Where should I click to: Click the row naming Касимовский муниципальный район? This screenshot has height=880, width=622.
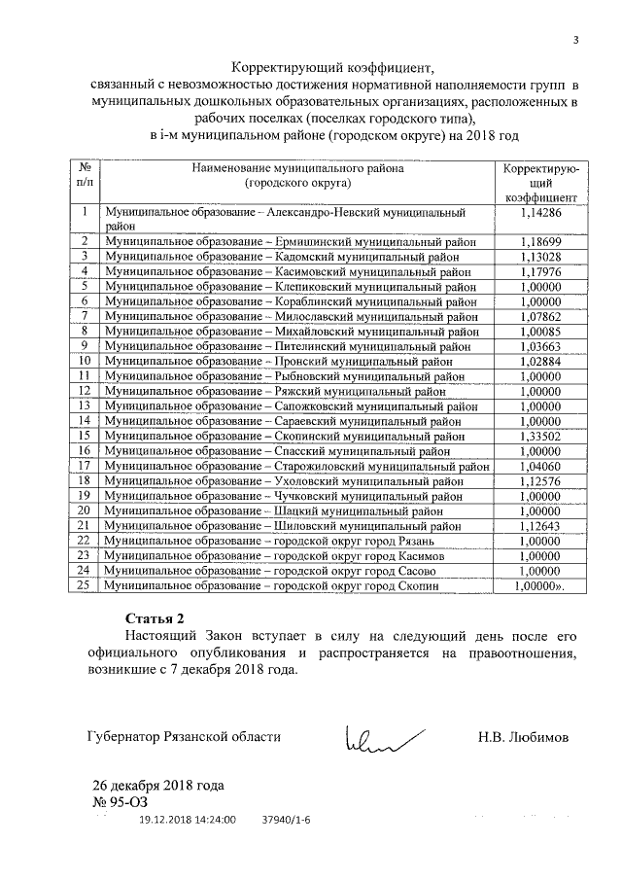point(291,271)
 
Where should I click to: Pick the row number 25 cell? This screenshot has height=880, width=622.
point(85,586)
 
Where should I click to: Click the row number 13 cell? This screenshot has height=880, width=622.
point(85,406)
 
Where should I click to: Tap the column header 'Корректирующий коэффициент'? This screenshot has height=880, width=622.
point(541,182)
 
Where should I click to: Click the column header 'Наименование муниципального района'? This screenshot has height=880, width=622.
point(297,174)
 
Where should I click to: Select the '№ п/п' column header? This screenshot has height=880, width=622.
point(85,174)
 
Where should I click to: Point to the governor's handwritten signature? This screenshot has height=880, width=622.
point(374,738)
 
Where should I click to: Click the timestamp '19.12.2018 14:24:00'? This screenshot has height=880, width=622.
point(187,820)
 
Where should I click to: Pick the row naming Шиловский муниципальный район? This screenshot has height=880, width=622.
point(291,526)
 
